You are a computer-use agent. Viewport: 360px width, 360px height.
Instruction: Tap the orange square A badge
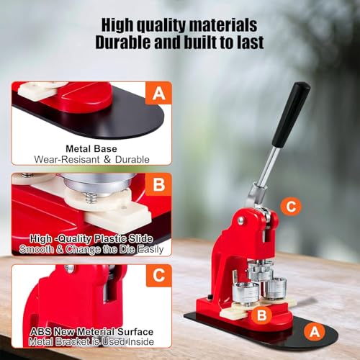(x=158, y=93)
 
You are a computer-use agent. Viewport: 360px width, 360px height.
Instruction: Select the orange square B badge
(x=158, y=184)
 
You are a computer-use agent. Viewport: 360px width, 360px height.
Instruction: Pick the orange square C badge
(x=158, y=275)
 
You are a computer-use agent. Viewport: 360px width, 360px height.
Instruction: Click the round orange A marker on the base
(x=315, y=332)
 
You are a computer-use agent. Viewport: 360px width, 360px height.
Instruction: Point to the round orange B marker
(x=261, y=315)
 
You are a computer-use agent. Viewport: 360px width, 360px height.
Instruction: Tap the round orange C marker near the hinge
(x=291, y=206)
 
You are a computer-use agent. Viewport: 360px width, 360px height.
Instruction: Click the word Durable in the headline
(x=123, y=42)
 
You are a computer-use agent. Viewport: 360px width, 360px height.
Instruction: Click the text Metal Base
(x=91, y=149)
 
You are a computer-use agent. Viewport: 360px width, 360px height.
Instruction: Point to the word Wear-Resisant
(x=67, y=159)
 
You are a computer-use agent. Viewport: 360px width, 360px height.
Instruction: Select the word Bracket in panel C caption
(x=73, y=342)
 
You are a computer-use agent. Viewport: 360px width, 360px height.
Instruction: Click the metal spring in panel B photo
(x=92, y=197)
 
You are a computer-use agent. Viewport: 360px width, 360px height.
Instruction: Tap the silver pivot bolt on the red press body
(x=240, y=220)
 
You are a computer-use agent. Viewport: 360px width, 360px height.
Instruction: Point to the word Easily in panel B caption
(x=150, y=250)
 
